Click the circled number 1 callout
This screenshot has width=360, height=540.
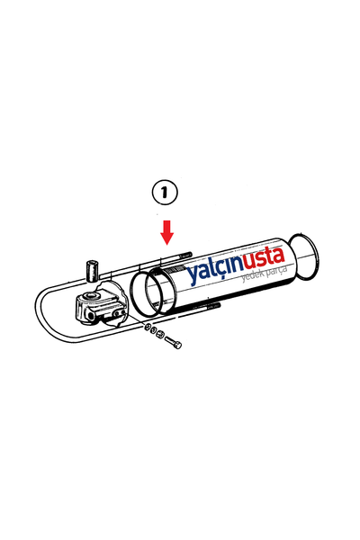pyautogui.click(x=165, y=193)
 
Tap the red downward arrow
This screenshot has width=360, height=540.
pyautogui.click(x=167, y=232)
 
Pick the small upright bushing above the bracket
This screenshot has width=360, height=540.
pyautogui.click(x=91, y=272)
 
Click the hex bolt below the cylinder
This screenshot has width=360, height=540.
pyautogui.click(x=173, y=343)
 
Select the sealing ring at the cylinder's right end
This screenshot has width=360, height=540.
pyautogui.click(x=303, y=256)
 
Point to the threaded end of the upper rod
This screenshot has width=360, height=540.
pyautogui.click(x=186, y=256)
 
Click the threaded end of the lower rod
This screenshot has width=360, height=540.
pyautogui.click(x=214, y=305)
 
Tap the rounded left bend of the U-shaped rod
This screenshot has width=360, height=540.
pyautogui.click(x=37, y=307)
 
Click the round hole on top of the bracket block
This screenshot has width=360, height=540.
pyautogui.click(x=92, y=296)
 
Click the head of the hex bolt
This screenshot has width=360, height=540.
pyautogui.click(x=178, y=345)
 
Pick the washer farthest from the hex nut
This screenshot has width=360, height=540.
pyautogui.click(x=147, y=328)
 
